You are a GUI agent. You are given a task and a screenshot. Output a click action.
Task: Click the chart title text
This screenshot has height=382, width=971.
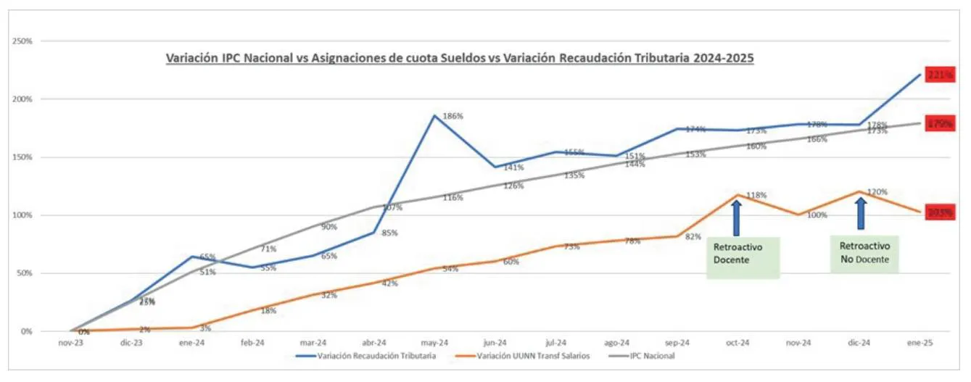460,57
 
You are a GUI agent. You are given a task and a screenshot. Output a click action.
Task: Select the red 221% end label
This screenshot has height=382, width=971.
940,75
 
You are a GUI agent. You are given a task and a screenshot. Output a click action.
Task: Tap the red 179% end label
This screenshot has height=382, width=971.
940,123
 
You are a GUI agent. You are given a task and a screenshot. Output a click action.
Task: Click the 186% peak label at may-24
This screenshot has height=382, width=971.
453,116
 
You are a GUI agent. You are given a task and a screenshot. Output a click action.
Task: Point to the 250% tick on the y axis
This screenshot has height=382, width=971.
22,41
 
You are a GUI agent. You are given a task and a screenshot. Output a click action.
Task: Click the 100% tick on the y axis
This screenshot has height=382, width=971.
22,215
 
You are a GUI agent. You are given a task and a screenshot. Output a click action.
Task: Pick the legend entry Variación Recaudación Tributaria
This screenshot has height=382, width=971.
366,356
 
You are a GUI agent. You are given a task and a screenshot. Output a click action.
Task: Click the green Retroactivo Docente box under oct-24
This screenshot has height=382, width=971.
743,257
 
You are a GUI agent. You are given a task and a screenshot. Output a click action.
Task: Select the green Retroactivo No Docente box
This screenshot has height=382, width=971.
864,254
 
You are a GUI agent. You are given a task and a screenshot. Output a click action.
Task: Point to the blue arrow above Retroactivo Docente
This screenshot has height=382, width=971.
737,217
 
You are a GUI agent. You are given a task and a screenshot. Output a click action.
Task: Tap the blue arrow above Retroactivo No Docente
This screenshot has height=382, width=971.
861,214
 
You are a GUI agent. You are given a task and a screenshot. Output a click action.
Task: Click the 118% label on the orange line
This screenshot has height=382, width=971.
757,195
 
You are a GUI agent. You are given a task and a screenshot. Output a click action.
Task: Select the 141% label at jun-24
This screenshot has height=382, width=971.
514,167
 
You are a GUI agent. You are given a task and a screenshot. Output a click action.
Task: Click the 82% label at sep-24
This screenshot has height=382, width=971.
695,236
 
